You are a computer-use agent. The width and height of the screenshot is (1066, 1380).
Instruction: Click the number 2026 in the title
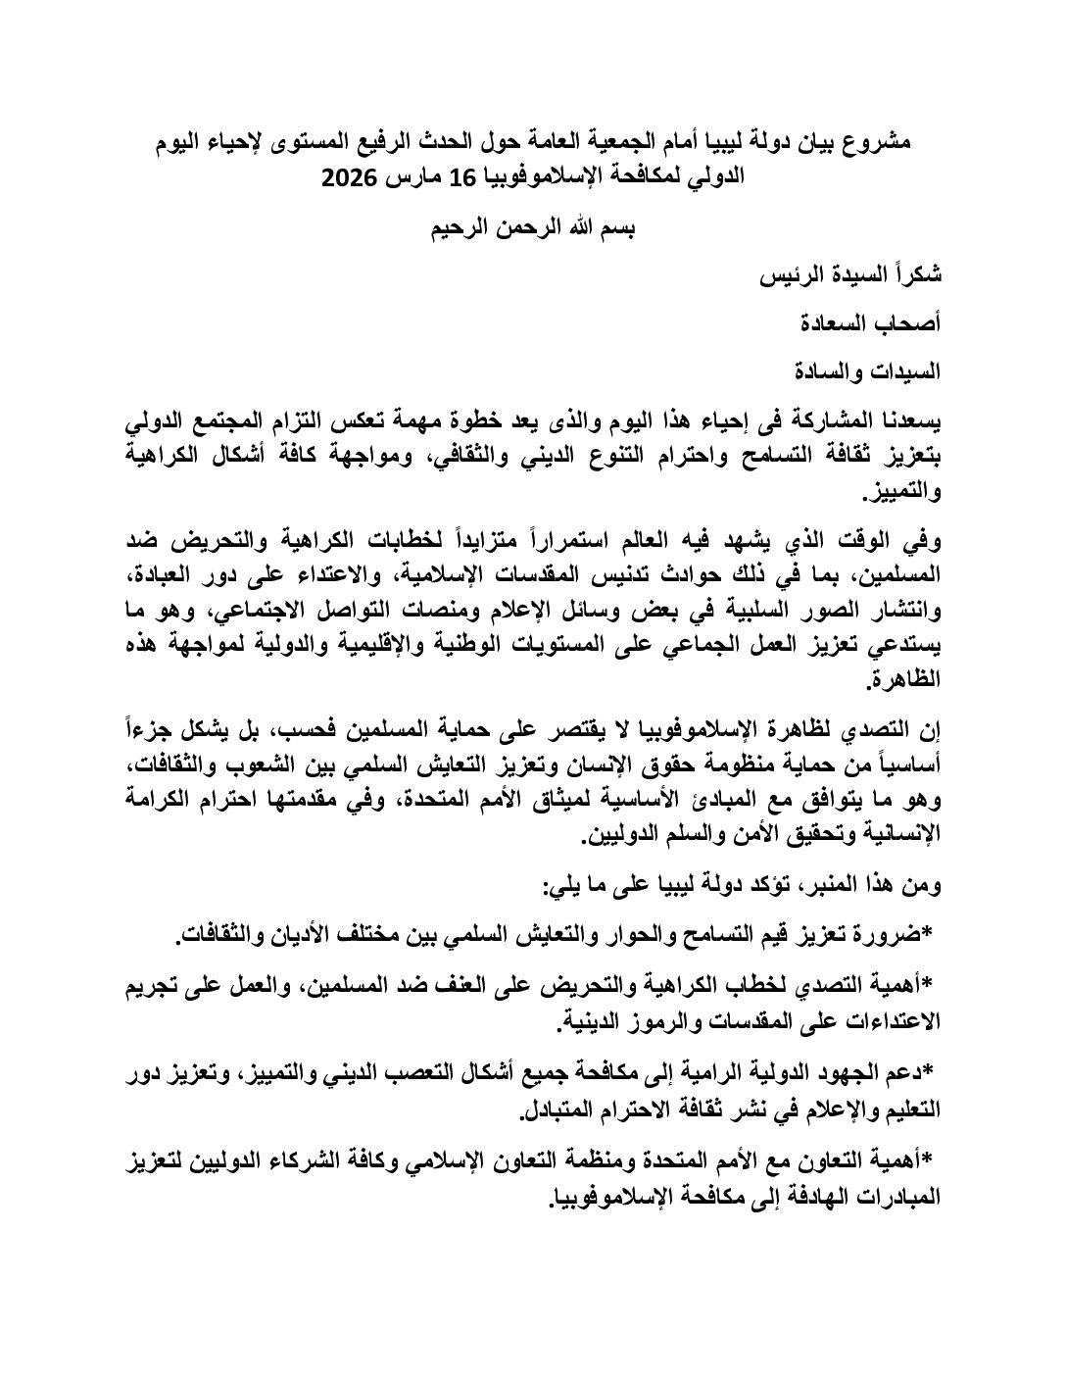(353, 179)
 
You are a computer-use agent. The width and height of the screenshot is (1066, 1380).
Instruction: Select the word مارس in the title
(416, 179)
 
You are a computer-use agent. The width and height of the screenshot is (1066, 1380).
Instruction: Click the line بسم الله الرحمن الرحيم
(534, 232)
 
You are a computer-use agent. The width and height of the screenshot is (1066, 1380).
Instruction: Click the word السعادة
(821, 324)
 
